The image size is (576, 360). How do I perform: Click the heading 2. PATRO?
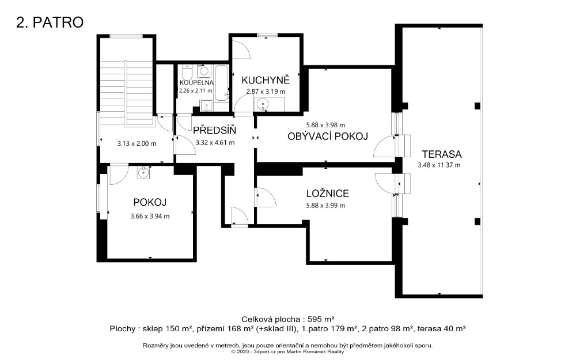point(50,22)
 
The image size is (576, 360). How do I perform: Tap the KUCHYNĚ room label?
point(266,79)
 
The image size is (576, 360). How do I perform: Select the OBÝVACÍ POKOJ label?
point(328,137)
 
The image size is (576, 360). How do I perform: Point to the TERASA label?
point(442,154)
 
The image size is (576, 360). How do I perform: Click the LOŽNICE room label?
point(328,193)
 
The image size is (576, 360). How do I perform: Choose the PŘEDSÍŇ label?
point(214,130)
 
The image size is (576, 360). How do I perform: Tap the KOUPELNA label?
point(196,82)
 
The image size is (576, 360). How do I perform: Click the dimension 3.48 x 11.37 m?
point(439,165)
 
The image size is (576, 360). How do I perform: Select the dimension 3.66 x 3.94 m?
point(150,217)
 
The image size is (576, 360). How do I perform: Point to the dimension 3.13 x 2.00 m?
point(137,143)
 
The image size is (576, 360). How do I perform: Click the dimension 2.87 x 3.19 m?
point(266,92)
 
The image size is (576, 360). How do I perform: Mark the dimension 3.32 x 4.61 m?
point(215,142)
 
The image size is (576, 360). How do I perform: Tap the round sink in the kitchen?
point(263,105)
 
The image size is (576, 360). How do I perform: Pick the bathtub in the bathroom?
point(222,83)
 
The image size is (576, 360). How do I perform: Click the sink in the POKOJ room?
point(143,172)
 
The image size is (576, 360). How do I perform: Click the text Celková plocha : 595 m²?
point(287,319)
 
